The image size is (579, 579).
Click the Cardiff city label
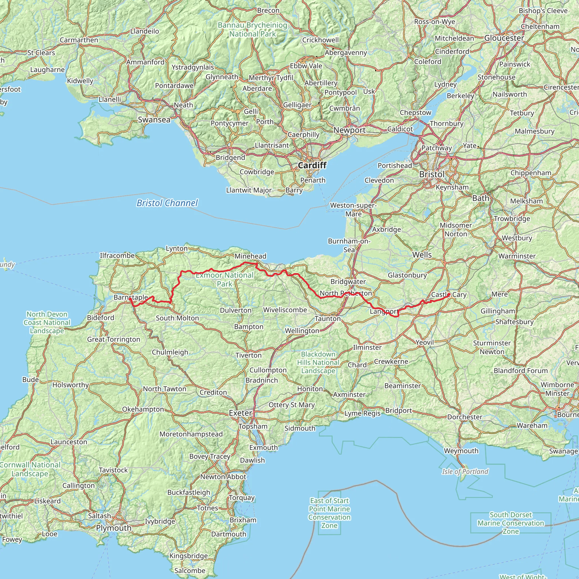(x=312, y=165)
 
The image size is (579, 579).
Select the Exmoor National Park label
(x=224, y=279)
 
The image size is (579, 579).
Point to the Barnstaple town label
(x=131, y=297)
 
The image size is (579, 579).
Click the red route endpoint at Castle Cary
(x=449, y=295)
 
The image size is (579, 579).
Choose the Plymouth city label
(x=114, y=528)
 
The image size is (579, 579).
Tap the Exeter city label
(x=240, y=413)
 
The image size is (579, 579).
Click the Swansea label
(x=154, y=120)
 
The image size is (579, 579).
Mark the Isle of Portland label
(x=465, y=471)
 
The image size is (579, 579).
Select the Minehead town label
(x=250, y=256)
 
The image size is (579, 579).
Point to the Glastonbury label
(x=407, y=275)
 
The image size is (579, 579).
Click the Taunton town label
(x=328, y=319)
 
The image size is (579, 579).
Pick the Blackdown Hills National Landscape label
(x=318, y=363)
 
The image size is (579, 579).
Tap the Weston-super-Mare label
(x=353, y=209)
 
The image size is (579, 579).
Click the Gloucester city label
(x=504, y=38)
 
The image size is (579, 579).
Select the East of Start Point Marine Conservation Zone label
(x=329, y=513)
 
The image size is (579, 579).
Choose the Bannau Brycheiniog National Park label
(x=252, y=29)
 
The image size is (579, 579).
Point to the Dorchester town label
(x=465, y=417)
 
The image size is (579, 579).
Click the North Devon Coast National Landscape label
(x=47, y=322)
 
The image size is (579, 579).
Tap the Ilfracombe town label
(x=117, y=255)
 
